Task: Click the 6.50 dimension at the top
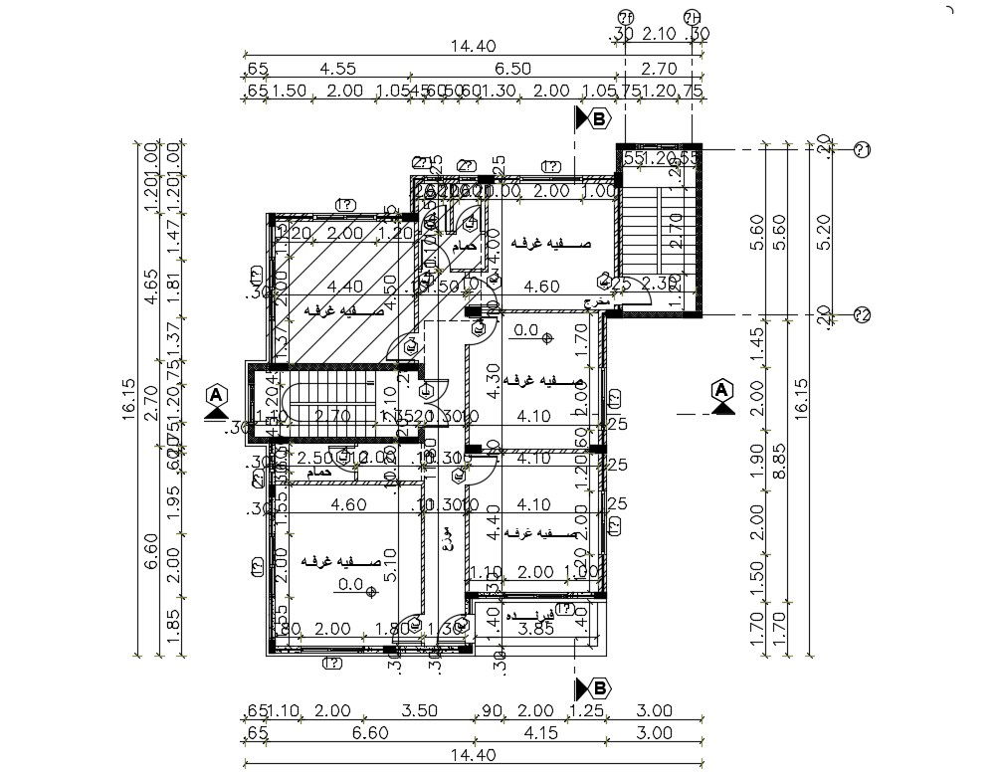coord(513,69)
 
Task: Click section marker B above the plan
coord(594,119)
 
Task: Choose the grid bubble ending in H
coord(693,17)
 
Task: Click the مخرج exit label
coord(595,300)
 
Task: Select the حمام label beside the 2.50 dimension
coord(319,474)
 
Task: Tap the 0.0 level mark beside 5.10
coord(351,585)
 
